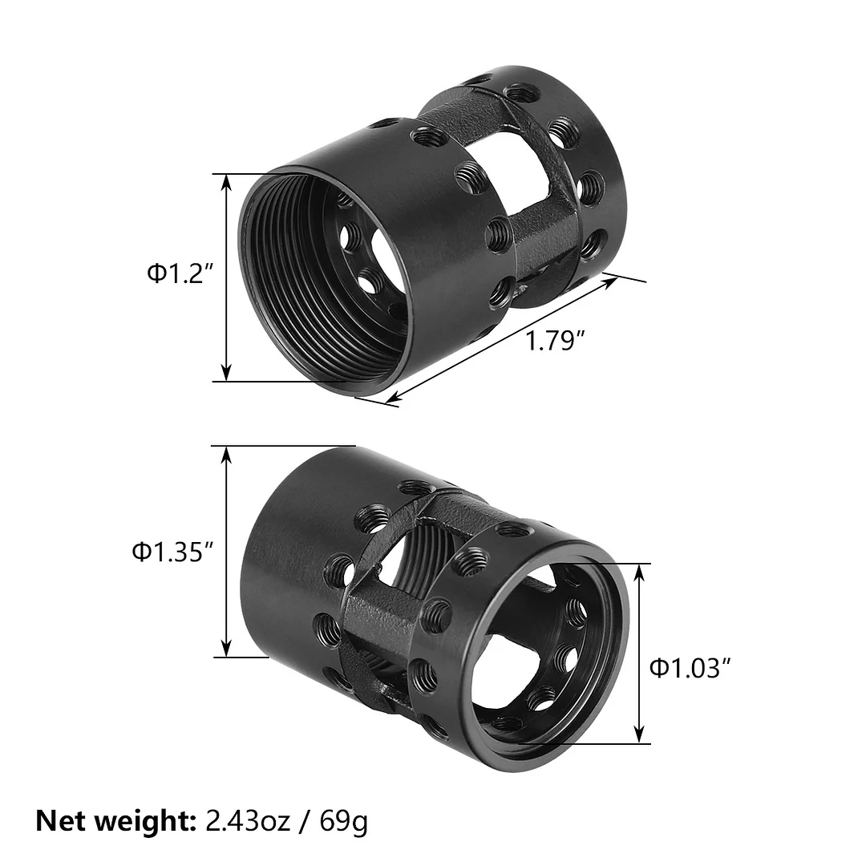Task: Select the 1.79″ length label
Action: (552, 342)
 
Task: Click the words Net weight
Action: (111, 820)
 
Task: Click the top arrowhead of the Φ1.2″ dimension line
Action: (227, 182)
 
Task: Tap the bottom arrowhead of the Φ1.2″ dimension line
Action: (227, 373)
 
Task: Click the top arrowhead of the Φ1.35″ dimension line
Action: (227, 455)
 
